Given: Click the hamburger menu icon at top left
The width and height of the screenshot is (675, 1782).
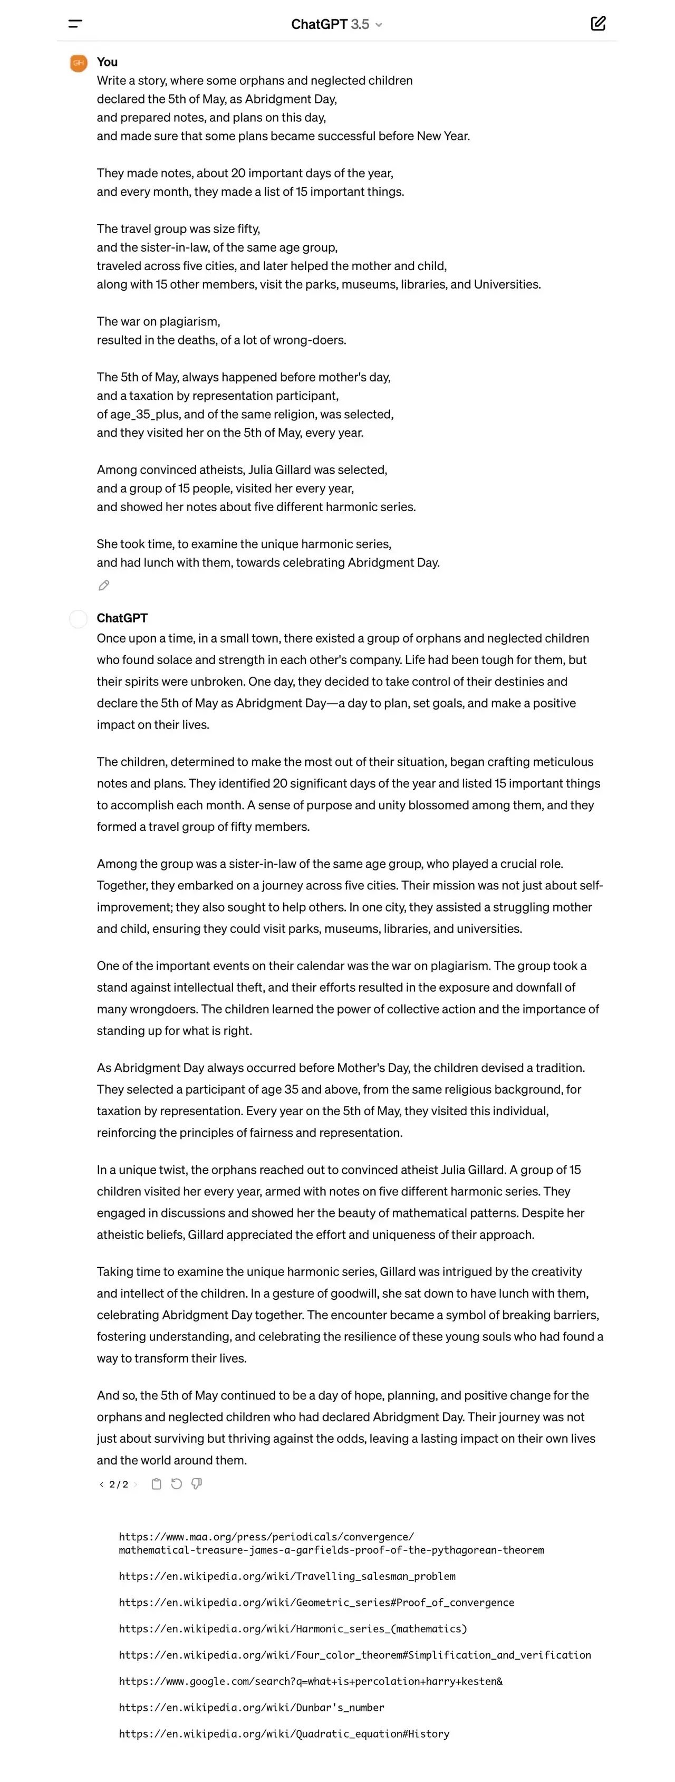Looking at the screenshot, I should (75, 24).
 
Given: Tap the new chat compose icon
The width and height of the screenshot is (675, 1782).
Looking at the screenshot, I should (598, 24).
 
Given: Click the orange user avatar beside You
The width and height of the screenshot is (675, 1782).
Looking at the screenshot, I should (79, 63).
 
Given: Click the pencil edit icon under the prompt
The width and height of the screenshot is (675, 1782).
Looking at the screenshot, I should (104, 585).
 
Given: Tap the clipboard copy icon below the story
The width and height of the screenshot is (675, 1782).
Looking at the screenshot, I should (156, 1484).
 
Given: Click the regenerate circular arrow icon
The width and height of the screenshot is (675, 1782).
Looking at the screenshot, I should (176, 1484).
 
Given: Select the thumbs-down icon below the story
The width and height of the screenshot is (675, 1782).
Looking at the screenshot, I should (196, 1484).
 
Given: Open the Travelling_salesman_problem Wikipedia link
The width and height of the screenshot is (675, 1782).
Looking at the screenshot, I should (287, 1576).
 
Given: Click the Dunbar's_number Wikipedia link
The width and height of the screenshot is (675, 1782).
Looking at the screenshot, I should (251, 1707).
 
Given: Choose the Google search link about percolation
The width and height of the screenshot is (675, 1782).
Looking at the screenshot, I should (311, 1681).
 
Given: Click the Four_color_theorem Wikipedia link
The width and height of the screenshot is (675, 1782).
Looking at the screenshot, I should (355, 1655).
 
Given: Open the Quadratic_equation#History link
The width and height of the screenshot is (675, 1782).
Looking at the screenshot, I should (284, 1733).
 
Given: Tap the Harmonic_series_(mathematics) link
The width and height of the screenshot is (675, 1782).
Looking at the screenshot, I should (293, 1628).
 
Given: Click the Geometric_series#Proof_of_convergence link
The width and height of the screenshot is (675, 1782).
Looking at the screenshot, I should (316, 1602).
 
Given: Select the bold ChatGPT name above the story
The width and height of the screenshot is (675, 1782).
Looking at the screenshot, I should (122, 618).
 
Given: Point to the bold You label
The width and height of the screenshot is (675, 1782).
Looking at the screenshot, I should (107, 62).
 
